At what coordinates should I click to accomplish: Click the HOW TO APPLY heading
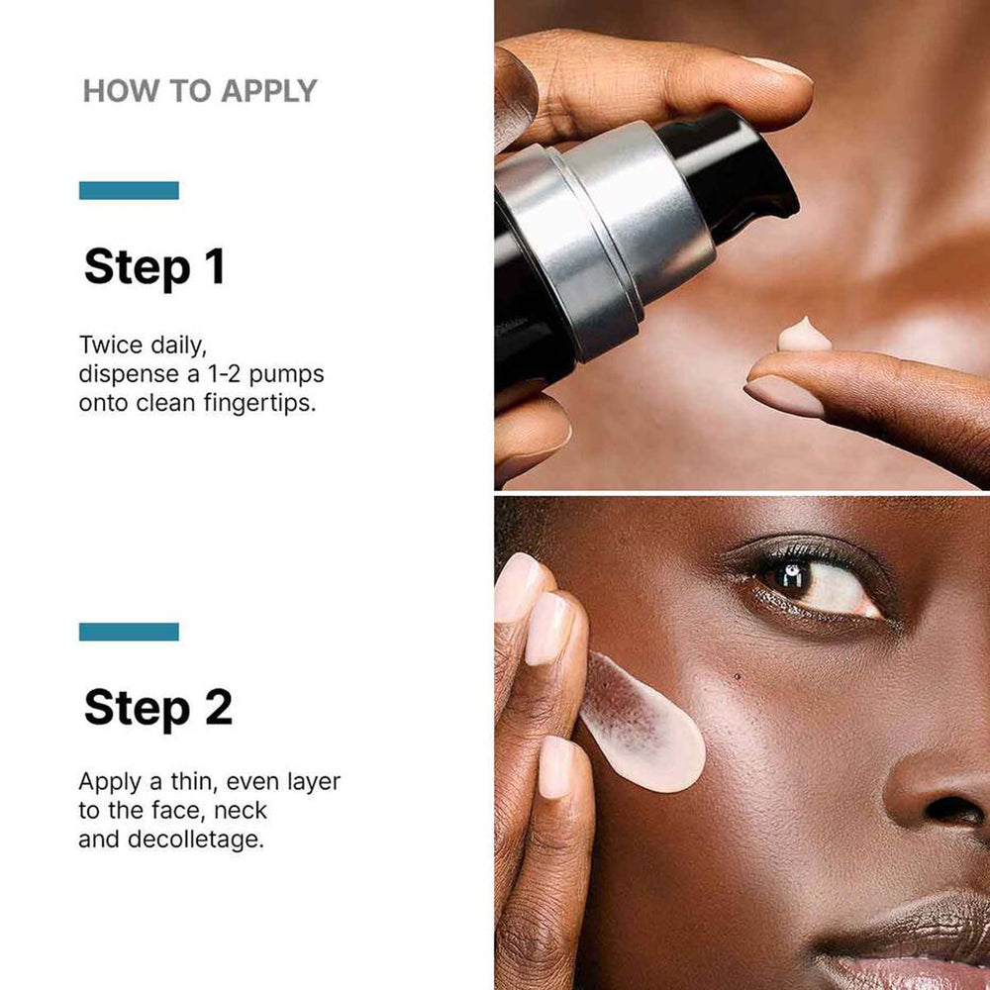199,91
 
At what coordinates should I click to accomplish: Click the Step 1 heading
154,267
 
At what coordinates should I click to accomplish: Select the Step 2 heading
157,708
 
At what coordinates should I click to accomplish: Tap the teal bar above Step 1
129,190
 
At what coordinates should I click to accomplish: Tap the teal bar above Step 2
129,632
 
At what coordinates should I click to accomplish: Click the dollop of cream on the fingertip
804,336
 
